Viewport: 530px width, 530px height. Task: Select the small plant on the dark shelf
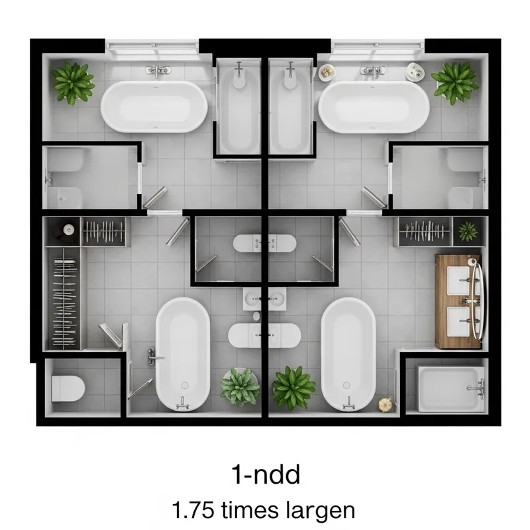(x=468, y=231)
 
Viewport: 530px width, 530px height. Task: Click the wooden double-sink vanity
(x=458, y=301)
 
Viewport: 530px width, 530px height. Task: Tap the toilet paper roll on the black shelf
(x=68, y=230)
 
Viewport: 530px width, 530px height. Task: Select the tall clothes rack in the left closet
(x=64, y=297)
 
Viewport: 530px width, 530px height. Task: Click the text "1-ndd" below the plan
(x=265, y=474)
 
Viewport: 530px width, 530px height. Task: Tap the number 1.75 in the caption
(x=193, y=511)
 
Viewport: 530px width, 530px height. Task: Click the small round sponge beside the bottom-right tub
(x=384, y=403)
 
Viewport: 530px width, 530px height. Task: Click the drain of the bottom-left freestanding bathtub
(x=184, y=384)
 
